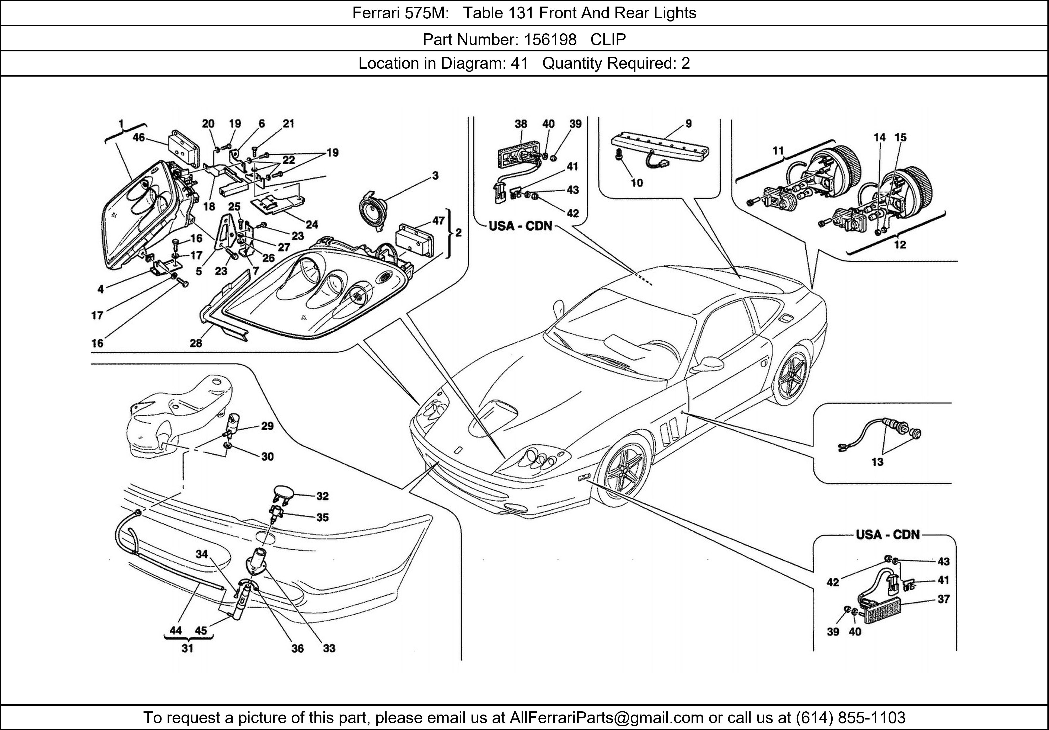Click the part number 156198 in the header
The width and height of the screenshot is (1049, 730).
point(550,40)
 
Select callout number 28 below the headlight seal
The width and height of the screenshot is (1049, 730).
point(196,343)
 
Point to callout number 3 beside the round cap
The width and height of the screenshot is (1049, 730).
point(435,175)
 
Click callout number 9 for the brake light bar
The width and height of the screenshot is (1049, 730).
point(688,123)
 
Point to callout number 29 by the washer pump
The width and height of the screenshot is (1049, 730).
point(267,426)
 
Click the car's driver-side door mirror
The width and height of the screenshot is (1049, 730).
point(710,364)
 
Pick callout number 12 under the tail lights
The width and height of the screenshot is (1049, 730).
point(900,245)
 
